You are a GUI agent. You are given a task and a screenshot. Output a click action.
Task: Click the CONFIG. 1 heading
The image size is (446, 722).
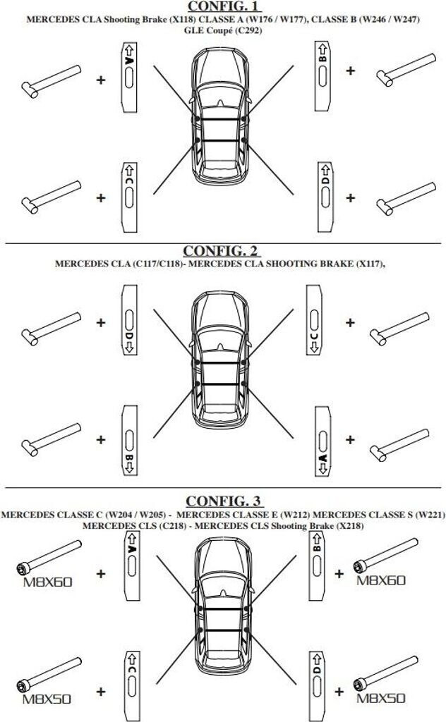tap(222, 6)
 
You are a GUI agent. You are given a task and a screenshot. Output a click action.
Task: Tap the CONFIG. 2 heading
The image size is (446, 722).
tap(222, 251)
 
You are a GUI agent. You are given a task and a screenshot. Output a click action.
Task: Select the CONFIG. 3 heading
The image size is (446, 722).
tap(222, 501)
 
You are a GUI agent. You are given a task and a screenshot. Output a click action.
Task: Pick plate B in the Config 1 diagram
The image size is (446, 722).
tap(323, 75)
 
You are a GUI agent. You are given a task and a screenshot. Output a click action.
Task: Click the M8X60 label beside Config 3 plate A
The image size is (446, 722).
tap(48, 582)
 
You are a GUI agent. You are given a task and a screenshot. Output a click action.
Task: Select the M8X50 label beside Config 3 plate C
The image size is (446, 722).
tap(47, 700)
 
